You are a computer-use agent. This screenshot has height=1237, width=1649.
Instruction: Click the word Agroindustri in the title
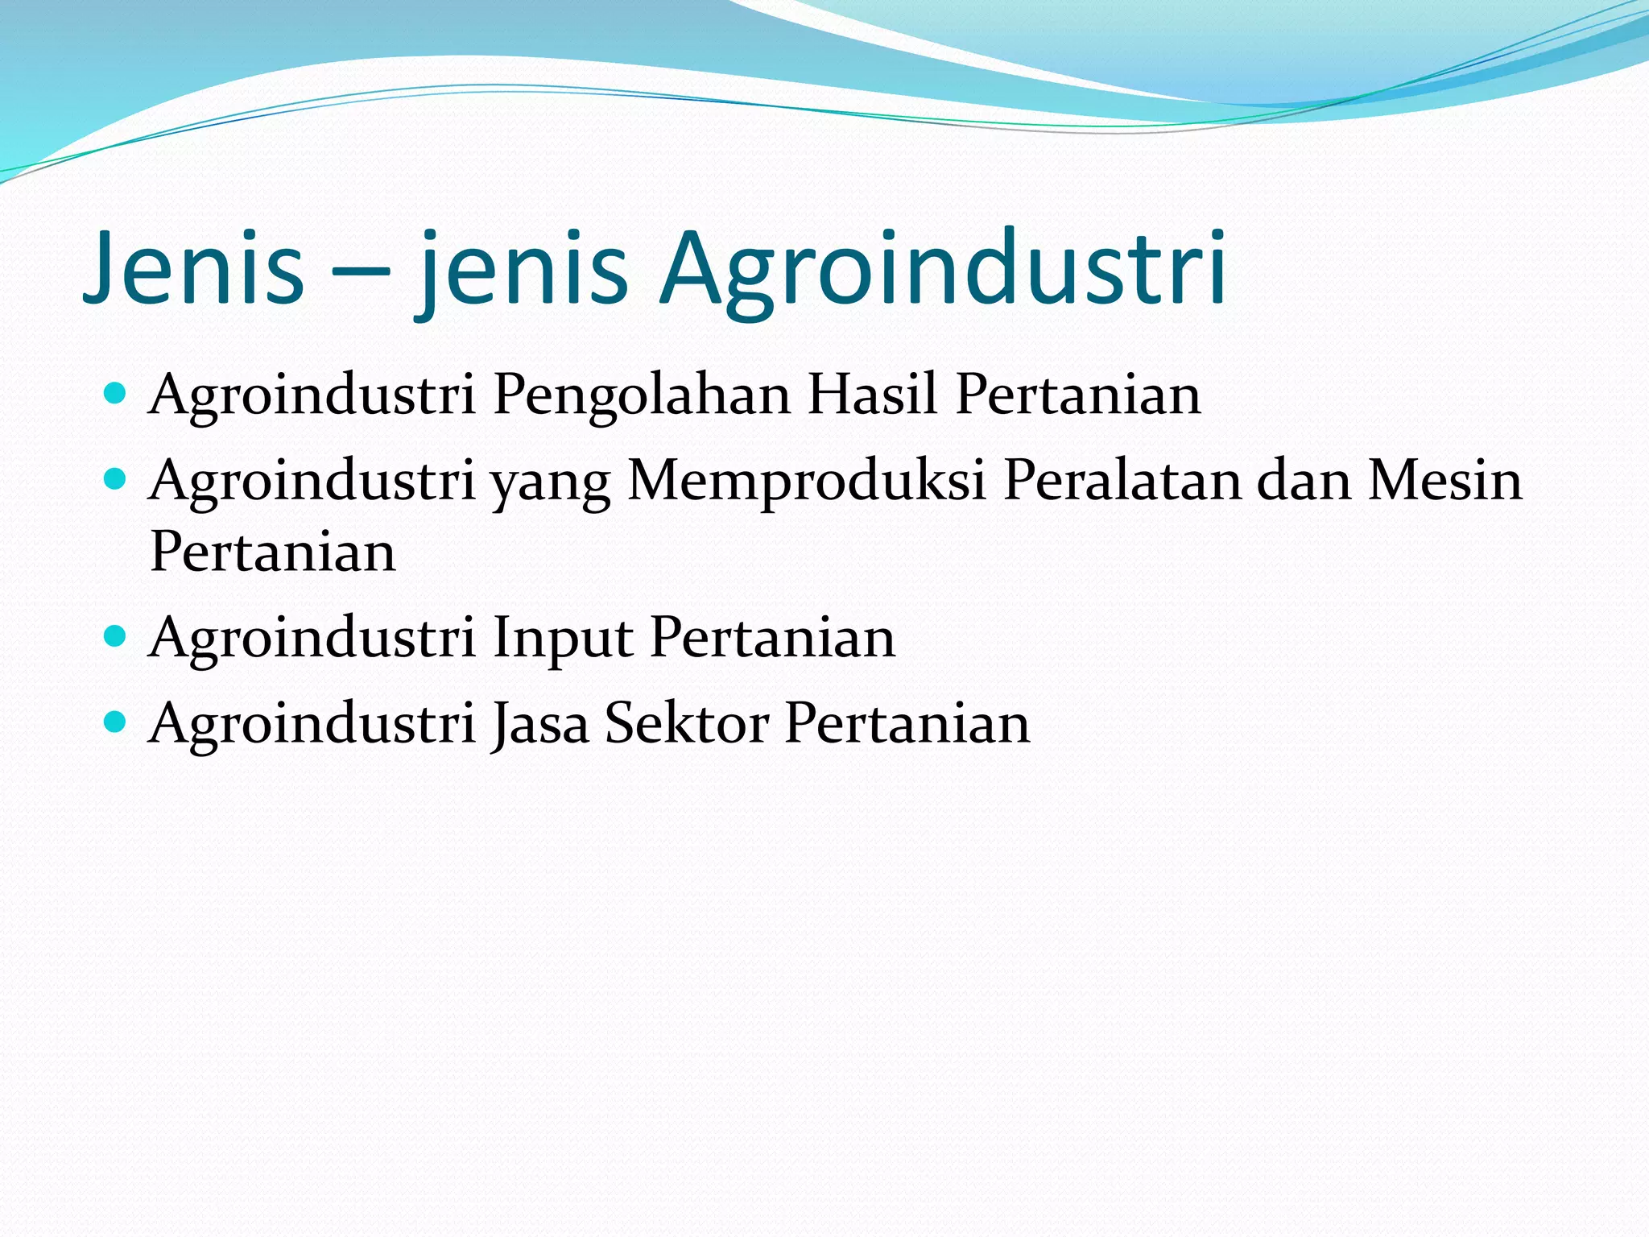point(943,269)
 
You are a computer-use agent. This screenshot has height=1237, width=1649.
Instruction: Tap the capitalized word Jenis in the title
point(193,269)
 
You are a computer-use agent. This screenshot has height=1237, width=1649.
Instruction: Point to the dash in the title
point(360,274)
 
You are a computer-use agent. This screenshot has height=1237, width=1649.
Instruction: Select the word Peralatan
point(1122,481)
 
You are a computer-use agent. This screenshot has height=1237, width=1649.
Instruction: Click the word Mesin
point(1445,481)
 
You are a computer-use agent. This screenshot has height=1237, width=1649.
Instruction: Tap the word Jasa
point(540,723)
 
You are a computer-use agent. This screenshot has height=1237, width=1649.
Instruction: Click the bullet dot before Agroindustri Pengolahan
point(116,394)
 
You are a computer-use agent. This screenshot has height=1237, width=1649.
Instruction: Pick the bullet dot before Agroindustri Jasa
point(116,722)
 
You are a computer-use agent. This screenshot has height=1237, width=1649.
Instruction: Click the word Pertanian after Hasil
point(1078,395)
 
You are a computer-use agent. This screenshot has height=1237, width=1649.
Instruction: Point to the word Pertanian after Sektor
point(907,723)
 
